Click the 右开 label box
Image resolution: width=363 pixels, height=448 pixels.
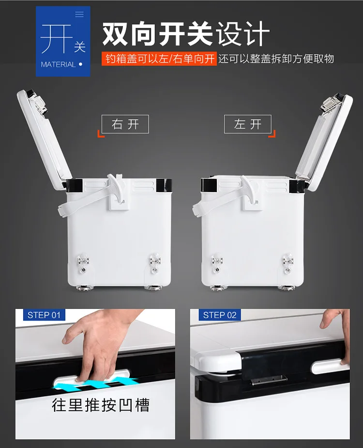(x=125, y=124)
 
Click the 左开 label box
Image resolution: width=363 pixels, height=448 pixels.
(x=247, y=124)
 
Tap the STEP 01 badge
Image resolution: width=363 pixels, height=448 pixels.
(x=44, y=315)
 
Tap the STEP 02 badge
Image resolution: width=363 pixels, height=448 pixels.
(x=220, y=315)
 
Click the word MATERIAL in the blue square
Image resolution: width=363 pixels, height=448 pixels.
(x=58, y=64)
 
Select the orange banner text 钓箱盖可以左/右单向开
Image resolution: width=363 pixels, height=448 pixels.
(x=159, y=59)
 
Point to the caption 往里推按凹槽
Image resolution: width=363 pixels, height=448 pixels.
(x=101, y=405)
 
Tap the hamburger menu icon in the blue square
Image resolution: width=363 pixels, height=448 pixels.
(x=79, y=14)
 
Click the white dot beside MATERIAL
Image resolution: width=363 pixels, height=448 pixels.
(x=80, y=64)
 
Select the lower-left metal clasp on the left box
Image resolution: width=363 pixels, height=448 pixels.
(x=83, y=263)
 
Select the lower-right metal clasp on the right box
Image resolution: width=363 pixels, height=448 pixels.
(x=287, y=263)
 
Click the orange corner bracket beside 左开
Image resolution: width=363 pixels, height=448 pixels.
(x=272, y=134)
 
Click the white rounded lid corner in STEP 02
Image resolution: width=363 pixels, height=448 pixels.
(x=217, y=361)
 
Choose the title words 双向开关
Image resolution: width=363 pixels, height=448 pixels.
(x=157, y=34)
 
